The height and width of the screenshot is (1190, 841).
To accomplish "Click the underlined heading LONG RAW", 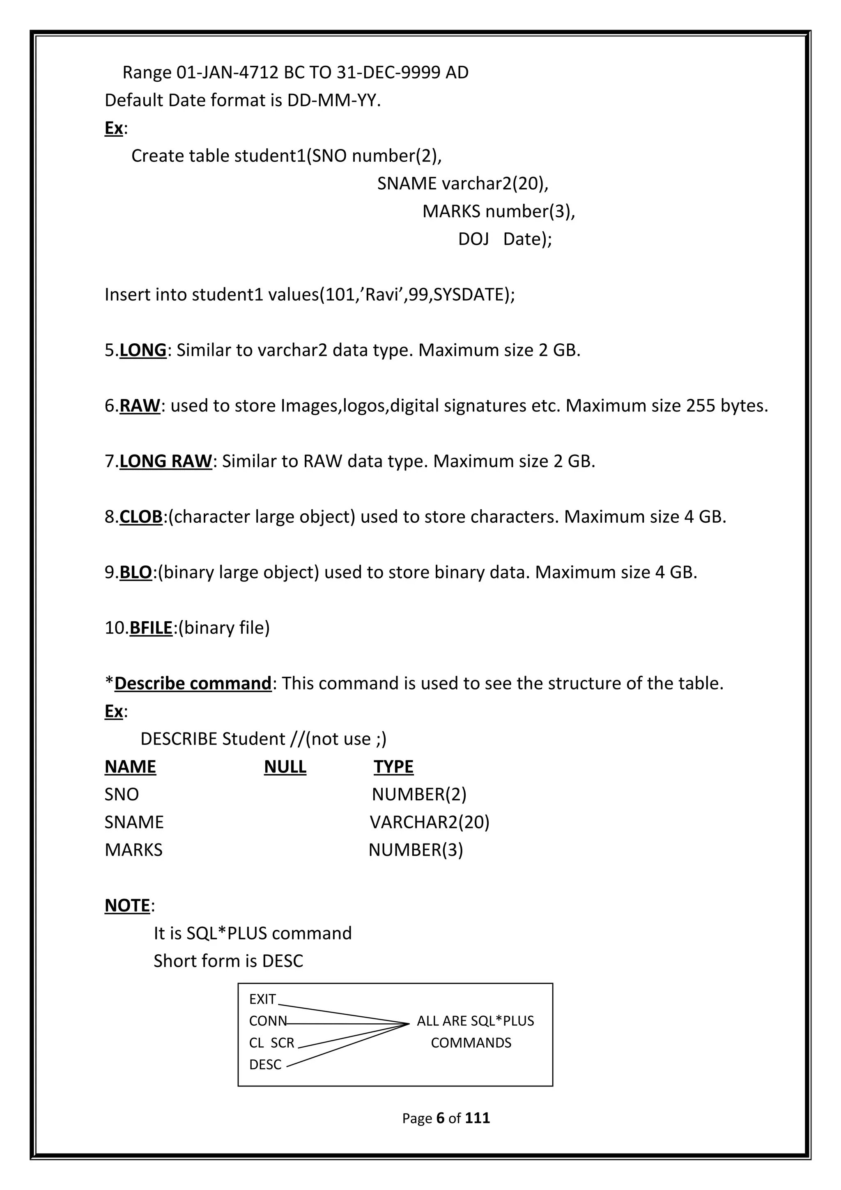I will [165, 461].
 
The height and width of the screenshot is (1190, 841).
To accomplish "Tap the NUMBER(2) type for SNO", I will [419, 794].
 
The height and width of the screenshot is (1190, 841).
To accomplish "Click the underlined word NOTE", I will [127, 905].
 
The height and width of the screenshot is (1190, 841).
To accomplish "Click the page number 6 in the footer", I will [441, 1118].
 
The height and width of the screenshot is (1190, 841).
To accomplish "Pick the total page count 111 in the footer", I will [477, 1118].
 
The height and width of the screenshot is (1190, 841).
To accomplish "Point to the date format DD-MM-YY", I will [333, 100].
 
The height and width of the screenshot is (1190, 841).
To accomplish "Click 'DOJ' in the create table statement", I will [473, 239].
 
